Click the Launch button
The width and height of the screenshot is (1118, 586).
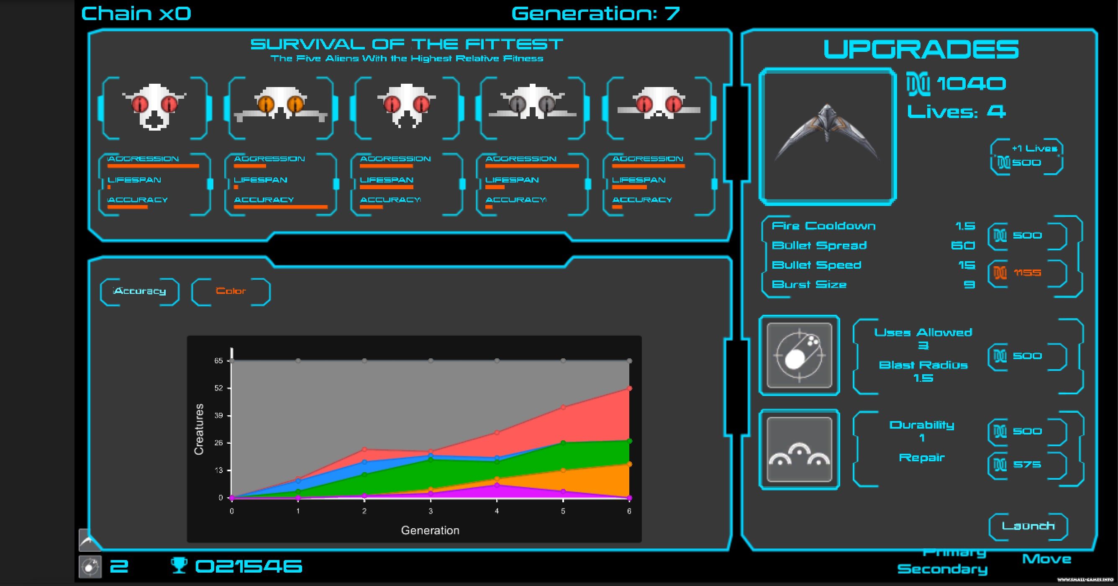pyautogui.click(x=1028, y=526)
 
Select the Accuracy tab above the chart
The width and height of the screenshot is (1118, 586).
pyautogui.click(x=140, y=291)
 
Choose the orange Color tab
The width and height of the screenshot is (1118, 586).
pyautogui.click(x=231, y=291)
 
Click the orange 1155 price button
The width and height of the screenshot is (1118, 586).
pyautogui.click(x=1027, y=273)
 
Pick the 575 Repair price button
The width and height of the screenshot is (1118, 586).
pyautogui.click(x=1027, y=465)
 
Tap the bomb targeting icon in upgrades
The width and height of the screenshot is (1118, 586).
pyautogui.click(x=799, y=355)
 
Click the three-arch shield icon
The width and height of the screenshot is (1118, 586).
pyautogui.click(x=799, y=450)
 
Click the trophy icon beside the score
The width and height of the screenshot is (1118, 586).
pyautogui.click(x=179, y=565)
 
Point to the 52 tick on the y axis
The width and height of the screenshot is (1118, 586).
pyautogui.click(x=219, y=388)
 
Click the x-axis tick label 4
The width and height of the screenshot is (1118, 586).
pyautogui.click(x=497, y=511)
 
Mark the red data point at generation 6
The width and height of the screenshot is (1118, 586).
pyautogui.click(x=629, y=388)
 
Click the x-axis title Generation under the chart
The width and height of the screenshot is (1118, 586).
pyautogui.click(x=430, y=530)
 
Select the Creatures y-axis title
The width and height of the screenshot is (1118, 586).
pyautogui.click(x=199, y=429)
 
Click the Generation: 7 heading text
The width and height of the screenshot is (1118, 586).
pyautogui.click(x=595, y=14)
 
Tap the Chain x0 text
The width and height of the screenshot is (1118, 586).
pyautogui.click(x=136, y=14)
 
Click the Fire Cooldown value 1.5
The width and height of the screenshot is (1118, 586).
pyautogui.click(x=965, y=226)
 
